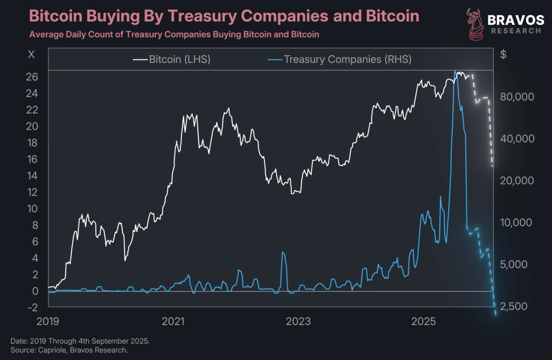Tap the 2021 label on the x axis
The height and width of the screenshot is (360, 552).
[x=173, y=322]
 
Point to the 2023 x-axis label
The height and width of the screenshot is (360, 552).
[x=298, y=322]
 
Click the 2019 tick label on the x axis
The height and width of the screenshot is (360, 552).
[x=48, y=322]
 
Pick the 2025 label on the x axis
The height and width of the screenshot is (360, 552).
[x=423, y=322]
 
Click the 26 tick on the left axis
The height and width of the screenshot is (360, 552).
[x=32, y=77]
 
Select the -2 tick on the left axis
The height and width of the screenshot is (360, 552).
[x=33, y=307]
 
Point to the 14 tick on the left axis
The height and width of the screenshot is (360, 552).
[x=32, y=176]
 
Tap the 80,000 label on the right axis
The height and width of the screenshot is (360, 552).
[x=517, y=96]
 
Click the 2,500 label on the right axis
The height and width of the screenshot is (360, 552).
[x=514, y=306]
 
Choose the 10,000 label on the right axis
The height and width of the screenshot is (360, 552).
[x=515, y=222]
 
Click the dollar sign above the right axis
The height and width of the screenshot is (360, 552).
[x=503, y=54]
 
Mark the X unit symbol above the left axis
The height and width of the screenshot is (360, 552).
[x=31, y=54]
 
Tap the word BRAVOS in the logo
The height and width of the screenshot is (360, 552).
[x=516, y=20]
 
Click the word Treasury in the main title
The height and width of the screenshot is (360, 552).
[x=202, y=16]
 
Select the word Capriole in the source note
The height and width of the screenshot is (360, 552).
[x=54, y=350]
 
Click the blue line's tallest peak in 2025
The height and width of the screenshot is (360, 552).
[x=455, y=72]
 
